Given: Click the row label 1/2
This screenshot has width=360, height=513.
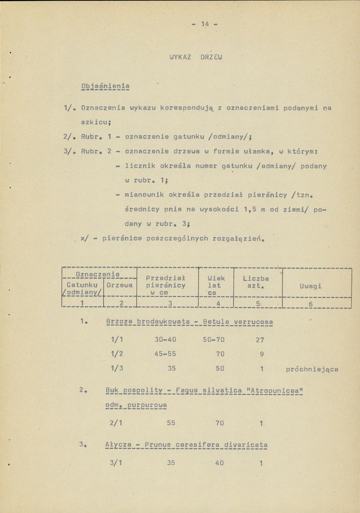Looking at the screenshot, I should (x=116, y=355).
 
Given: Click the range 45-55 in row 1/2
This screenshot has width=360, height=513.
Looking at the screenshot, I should (x=165, y=355).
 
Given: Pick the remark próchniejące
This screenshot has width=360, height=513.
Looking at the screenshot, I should (x=312, y=369).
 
